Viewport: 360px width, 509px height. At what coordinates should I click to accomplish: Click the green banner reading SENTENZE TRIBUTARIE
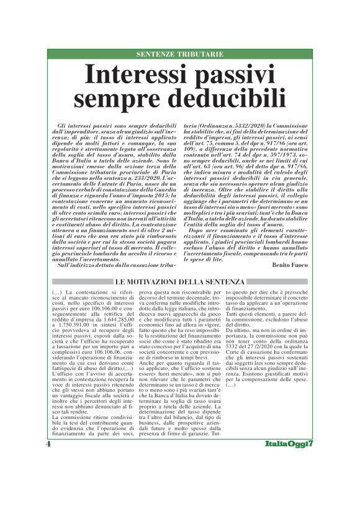coord(179,55)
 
